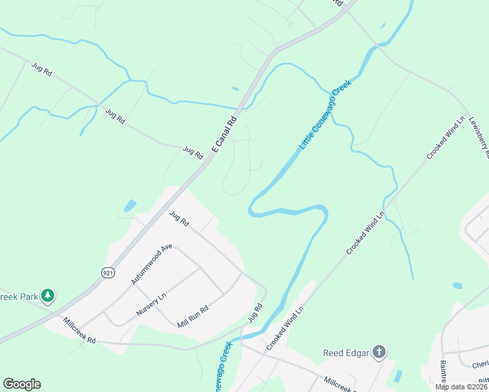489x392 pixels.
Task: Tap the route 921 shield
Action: pyautogui.click(x=109, y=272)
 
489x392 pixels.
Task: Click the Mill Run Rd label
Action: pyautogui.click(x=192, y=316)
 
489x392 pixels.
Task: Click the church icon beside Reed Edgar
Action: pyautogui.click(x=379, y=353)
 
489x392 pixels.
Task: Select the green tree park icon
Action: pyautogui.click(x=47, y=297)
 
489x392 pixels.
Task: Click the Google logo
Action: pyautogui.click(x=22, y=384)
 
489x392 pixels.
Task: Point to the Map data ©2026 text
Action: pyautogui.click(x=460, y=387)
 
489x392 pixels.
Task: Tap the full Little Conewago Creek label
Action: pyautogui.click(x=326, y=114)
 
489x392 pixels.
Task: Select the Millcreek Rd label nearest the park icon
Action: pyautogui.click(x=79, y=331)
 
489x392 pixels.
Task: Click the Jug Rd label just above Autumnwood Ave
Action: pyautogui.click(x=178, y=218)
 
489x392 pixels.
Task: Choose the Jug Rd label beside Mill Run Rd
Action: pyautogui.click(x=255, y=313)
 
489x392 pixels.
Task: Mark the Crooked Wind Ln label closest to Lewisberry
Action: pyautogui.click(x=445, y=139)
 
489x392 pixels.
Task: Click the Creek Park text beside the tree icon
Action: pyautogui.click(x=18, y=297)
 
